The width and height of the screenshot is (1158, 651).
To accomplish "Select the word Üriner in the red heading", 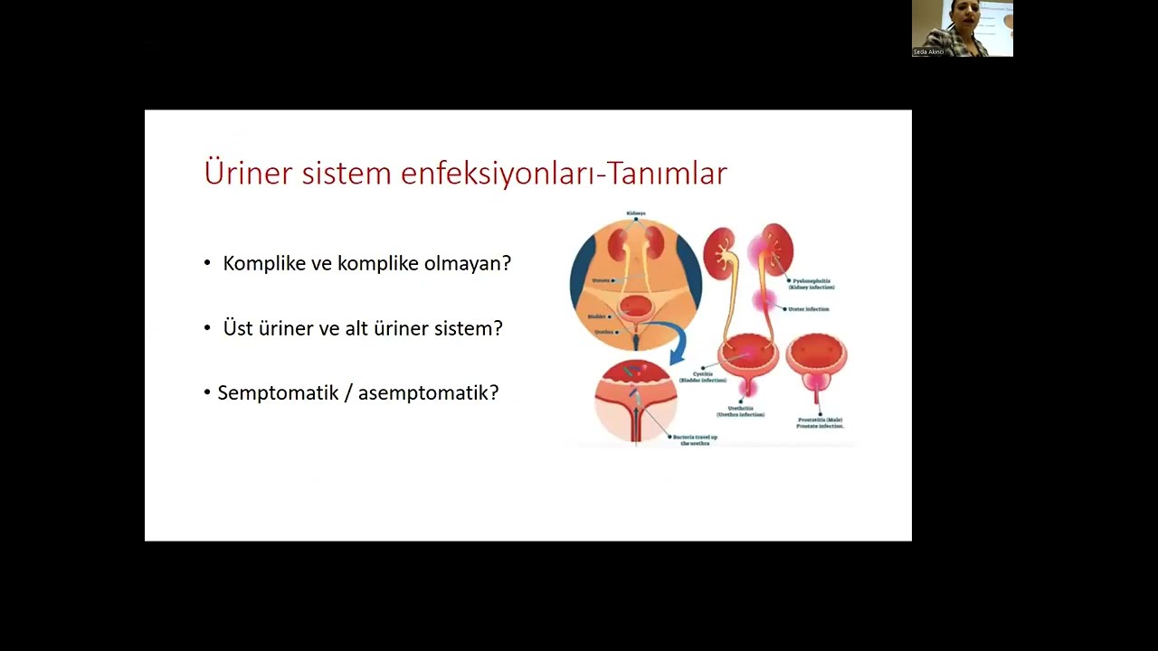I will coord(248,173).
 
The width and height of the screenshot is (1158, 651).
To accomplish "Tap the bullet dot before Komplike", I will coord(207,263).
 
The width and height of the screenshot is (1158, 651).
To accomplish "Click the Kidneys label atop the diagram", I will coord(636,213).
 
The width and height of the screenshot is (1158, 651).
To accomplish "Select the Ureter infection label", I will coord(808,309).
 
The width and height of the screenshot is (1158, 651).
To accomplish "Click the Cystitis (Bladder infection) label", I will coord(704,377).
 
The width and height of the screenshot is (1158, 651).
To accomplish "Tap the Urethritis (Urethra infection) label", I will coord(740,411).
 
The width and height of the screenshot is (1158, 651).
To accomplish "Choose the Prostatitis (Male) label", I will coord(820,422).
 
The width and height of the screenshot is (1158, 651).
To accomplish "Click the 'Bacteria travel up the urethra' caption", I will coord(696,440).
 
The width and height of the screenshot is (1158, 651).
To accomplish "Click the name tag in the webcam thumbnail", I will coord(929,52).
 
